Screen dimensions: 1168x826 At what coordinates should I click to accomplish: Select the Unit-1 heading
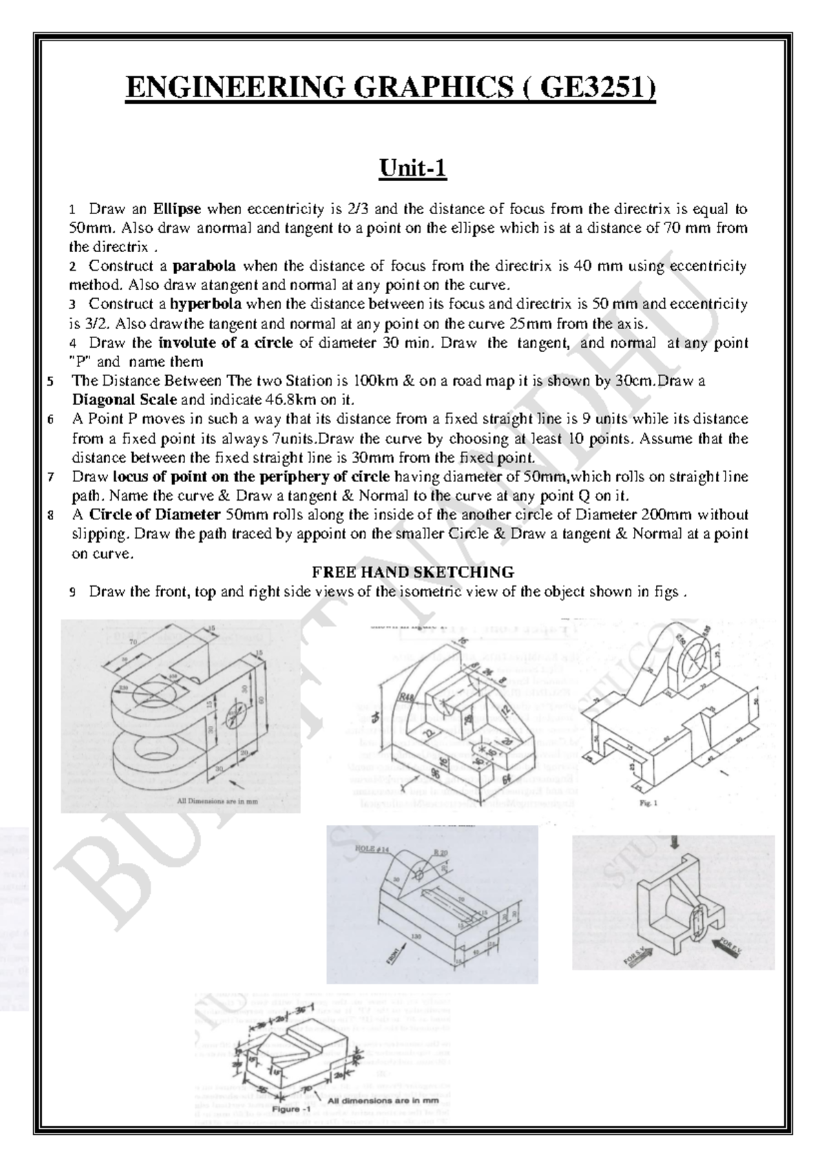coord(413,167)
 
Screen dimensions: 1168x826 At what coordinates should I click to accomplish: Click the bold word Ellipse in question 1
coord(177,209)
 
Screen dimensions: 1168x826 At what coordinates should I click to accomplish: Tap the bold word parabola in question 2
coord(204,266)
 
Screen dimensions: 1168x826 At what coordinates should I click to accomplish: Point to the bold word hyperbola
coord(206,304)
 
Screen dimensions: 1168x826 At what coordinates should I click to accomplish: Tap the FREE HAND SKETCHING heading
coord(413,572)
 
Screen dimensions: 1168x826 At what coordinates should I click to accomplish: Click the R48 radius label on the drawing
coord(407,697)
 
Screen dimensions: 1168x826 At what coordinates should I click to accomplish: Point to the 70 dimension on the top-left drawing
coord(132,640)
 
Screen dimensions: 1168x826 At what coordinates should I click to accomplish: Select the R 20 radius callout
coord(441,852)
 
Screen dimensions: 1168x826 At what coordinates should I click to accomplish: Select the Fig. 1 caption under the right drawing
coord(645,803)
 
